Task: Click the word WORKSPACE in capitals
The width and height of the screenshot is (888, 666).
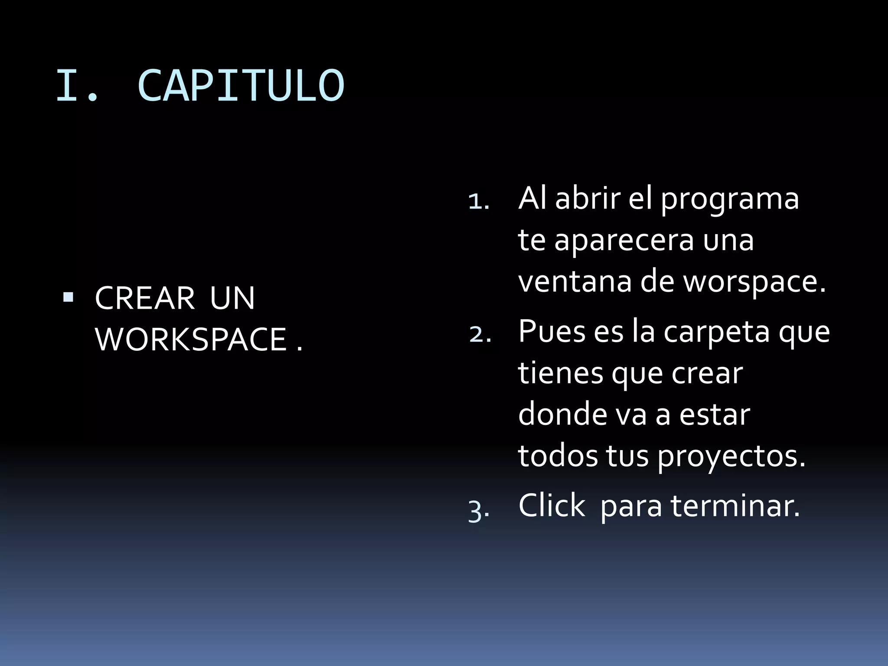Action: [191, 340]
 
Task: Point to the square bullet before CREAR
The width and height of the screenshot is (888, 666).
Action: [68, 297]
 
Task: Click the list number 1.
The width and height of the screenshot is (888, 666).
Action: [478, 202]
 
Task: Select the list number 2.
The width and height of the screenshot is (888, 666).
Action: [480, 335]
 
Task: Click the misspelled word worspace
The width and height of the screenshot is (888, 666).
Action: [754, 281]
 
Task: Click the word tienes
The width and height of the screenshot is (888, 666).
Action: [560, 372]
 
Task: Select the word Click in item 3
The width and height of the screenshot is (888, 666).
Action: [552, 506]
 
